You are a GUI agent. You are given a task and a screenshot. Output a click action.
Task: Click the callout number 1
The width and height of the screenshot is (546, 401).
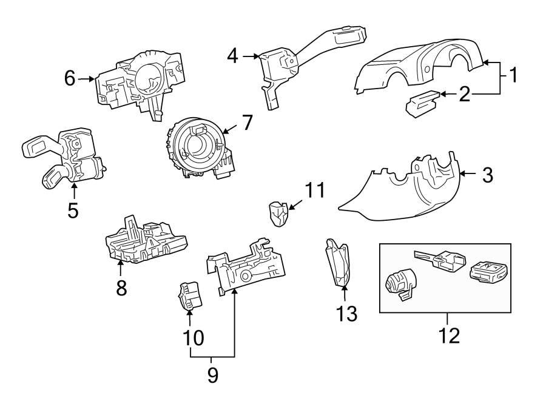pyautogui.click(x=513, y=76)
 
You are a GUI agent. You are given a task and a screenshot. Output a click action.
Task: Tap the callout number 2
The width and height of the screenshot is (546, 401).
pyautogui.click(x=464, y=94)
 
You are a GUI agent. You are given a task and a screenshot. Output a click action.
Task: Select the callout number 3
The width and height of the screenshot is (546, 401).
pyautogui.click(x=487, y=175)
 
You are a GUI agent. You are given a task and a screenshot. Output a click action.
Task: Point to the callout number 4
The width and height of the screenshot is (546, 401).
pyautogui.click(x=233, y=56)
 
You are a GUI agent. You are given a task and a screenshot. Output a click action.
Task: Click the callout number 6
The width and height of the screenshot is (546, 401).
pyautogui.click(x=70, y=78)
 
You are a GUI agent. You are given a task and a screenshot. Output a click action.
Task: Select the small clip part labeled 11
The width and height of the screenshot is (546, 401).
pyautogui.click(x=278, y=214)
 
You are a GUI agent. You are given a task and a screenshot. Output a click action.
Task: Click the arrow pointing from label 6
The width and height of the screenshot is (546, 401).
pyautogui.click(x=87, y=78)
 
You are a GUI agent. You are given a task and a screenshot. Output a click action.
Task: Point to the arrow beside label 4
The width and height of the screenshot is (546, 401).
pyautogui.click(x=251, y=56)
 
